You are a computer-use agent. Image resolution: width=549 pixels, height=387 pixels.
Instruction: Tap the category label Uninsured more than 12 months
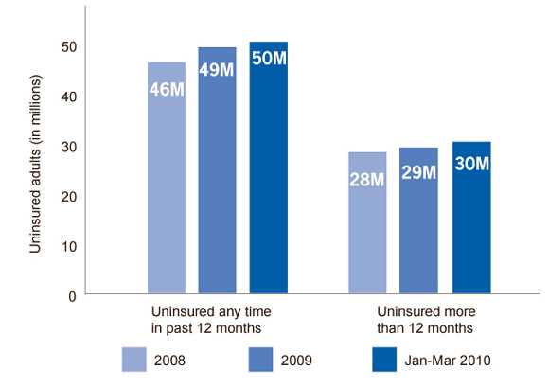[x=418, y=319]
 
